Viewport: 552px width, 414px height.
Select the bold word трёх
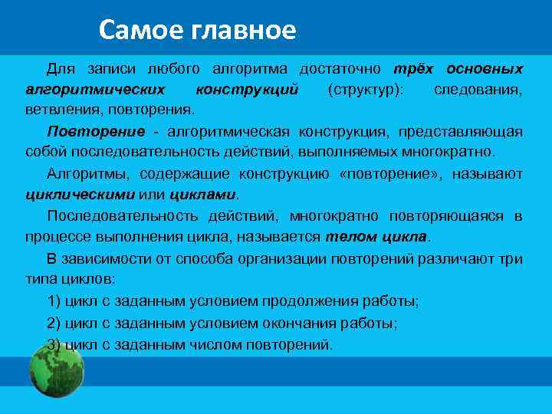click(414, 69)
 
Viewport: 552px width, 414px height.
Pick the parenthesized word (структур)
click(363, 90)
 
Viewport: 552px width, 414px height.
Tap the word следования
click(478, 90)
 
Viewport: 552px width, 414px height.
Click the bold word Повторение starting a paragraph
click(85, 131)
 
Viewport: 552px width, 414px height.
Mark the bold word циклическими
click(80, 195)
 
